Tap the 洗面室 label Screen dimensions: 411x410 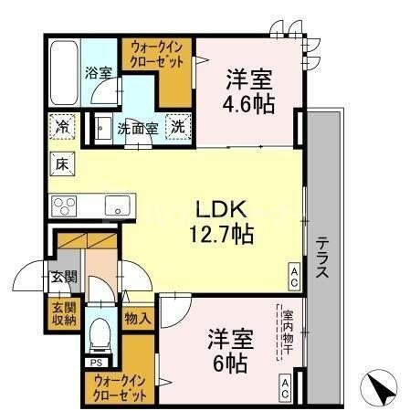(138, 129)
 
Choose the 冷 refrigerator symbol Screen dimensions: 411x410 (62, 126)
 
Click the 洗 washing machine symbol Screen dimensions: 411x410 (179, 127)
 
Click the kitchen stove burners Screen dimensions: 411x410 (67, 204)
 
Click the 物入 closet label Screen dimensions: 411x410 (138, 319)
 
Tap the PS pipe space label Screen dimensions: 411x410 (95, 363)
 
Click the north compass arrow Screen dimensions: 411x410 (382, 390)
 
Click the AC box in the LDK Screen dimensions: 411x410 (295, 272)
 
